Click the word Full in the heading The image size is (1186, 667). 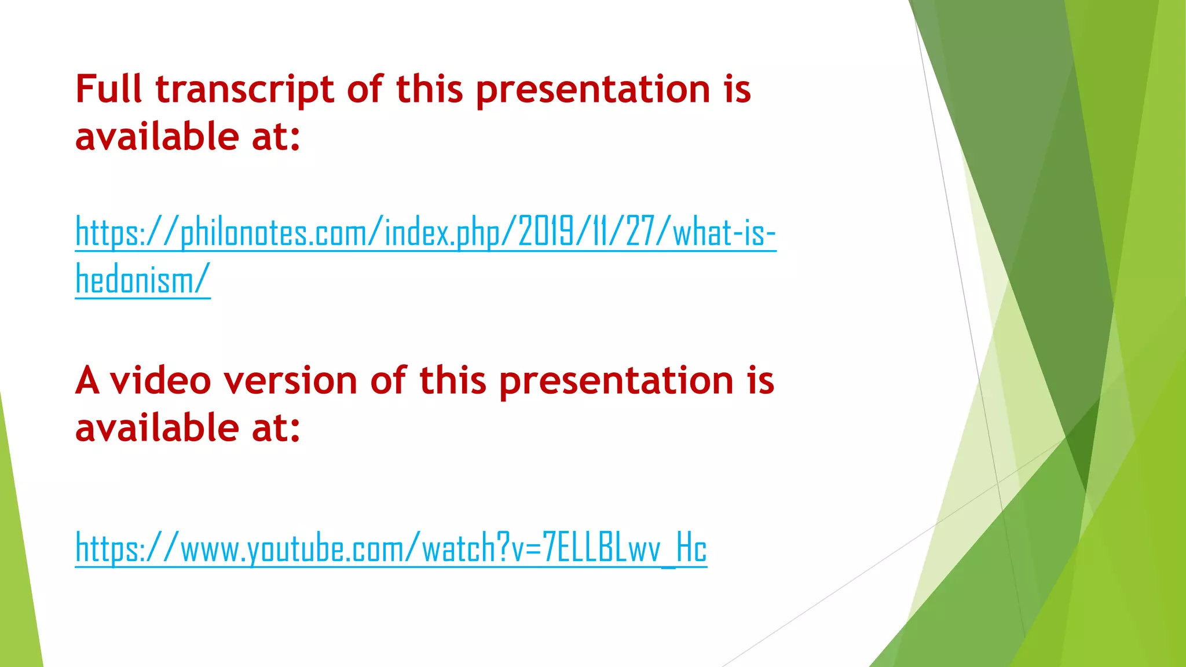click(x=108, y=90)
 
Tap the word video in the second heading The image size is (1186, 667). click(x=160, y=382)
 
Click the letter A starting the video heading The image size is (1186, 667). click(x=87, y=382)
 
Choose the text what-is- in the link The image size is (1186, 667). click(x=724, y=233)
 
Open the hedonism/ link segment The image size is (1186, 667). click(x=142, y=280)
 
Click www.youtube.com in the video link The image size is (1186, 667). click(x=293, y=549)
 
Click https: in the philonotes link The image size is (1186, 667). click(x=108, y=233)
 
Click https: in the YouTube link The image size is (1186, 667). click(x=108, y=549)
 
